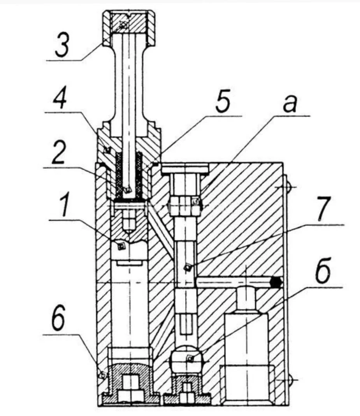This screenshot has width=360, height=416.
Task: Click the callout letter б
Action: (x=322, y=273)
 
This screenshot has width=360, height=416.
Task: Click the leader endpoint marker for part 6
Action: (x=102, y=375)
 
